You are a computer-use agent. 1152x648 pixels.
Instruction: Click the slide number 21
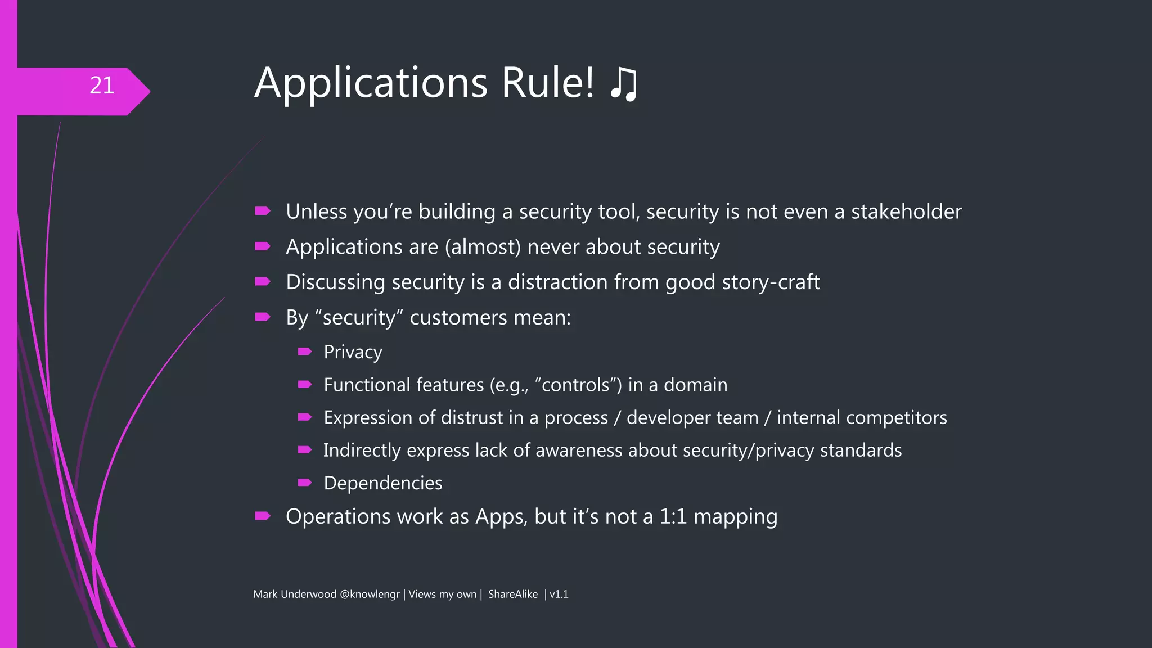[x=102, y=85]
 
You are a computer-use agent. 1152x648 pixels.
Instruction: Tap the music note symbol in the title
[x=624, y=84]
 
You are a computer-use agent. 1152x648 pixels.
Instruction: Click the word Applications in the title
[x=371, y=83]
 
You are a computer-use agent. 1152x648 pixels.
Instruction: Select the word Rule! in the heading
[x=547, y=83]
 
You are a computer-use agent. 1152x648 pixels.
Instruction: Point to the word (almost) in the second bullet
[x=483, y=247]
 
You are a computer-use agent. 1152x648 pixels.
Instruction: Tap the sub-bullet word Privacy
[x=353, y=353]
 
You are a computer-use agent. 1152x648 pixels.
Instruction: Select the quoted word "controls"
[x=579, y=385]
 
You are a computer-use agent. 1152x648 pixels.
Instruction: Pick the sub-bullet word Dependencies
[x=383, y=483]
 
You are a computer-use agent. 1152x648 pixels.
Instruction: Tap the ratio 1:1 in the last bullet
[x=673, y=517]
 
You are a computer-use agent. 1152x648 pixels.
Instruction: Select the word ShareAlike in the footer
[x=512, y=595]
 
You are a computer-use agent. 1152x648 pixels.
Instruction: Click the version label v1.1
[x=559, y=595]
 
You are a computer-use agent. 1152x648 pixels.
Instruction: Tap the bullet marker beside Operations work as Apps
[x=263, y=516]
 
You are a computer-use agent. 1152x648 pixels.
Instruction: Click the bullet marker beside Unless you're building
[x=263, y=211]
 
